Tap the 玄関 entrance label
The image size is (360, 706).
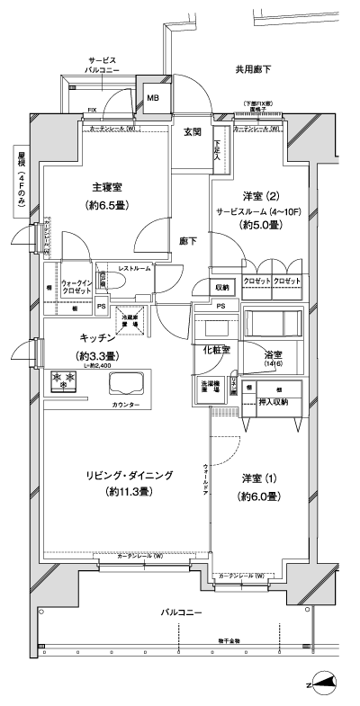coord(193,132)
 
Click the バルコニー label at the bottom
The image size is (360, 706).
coord(181,612)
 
